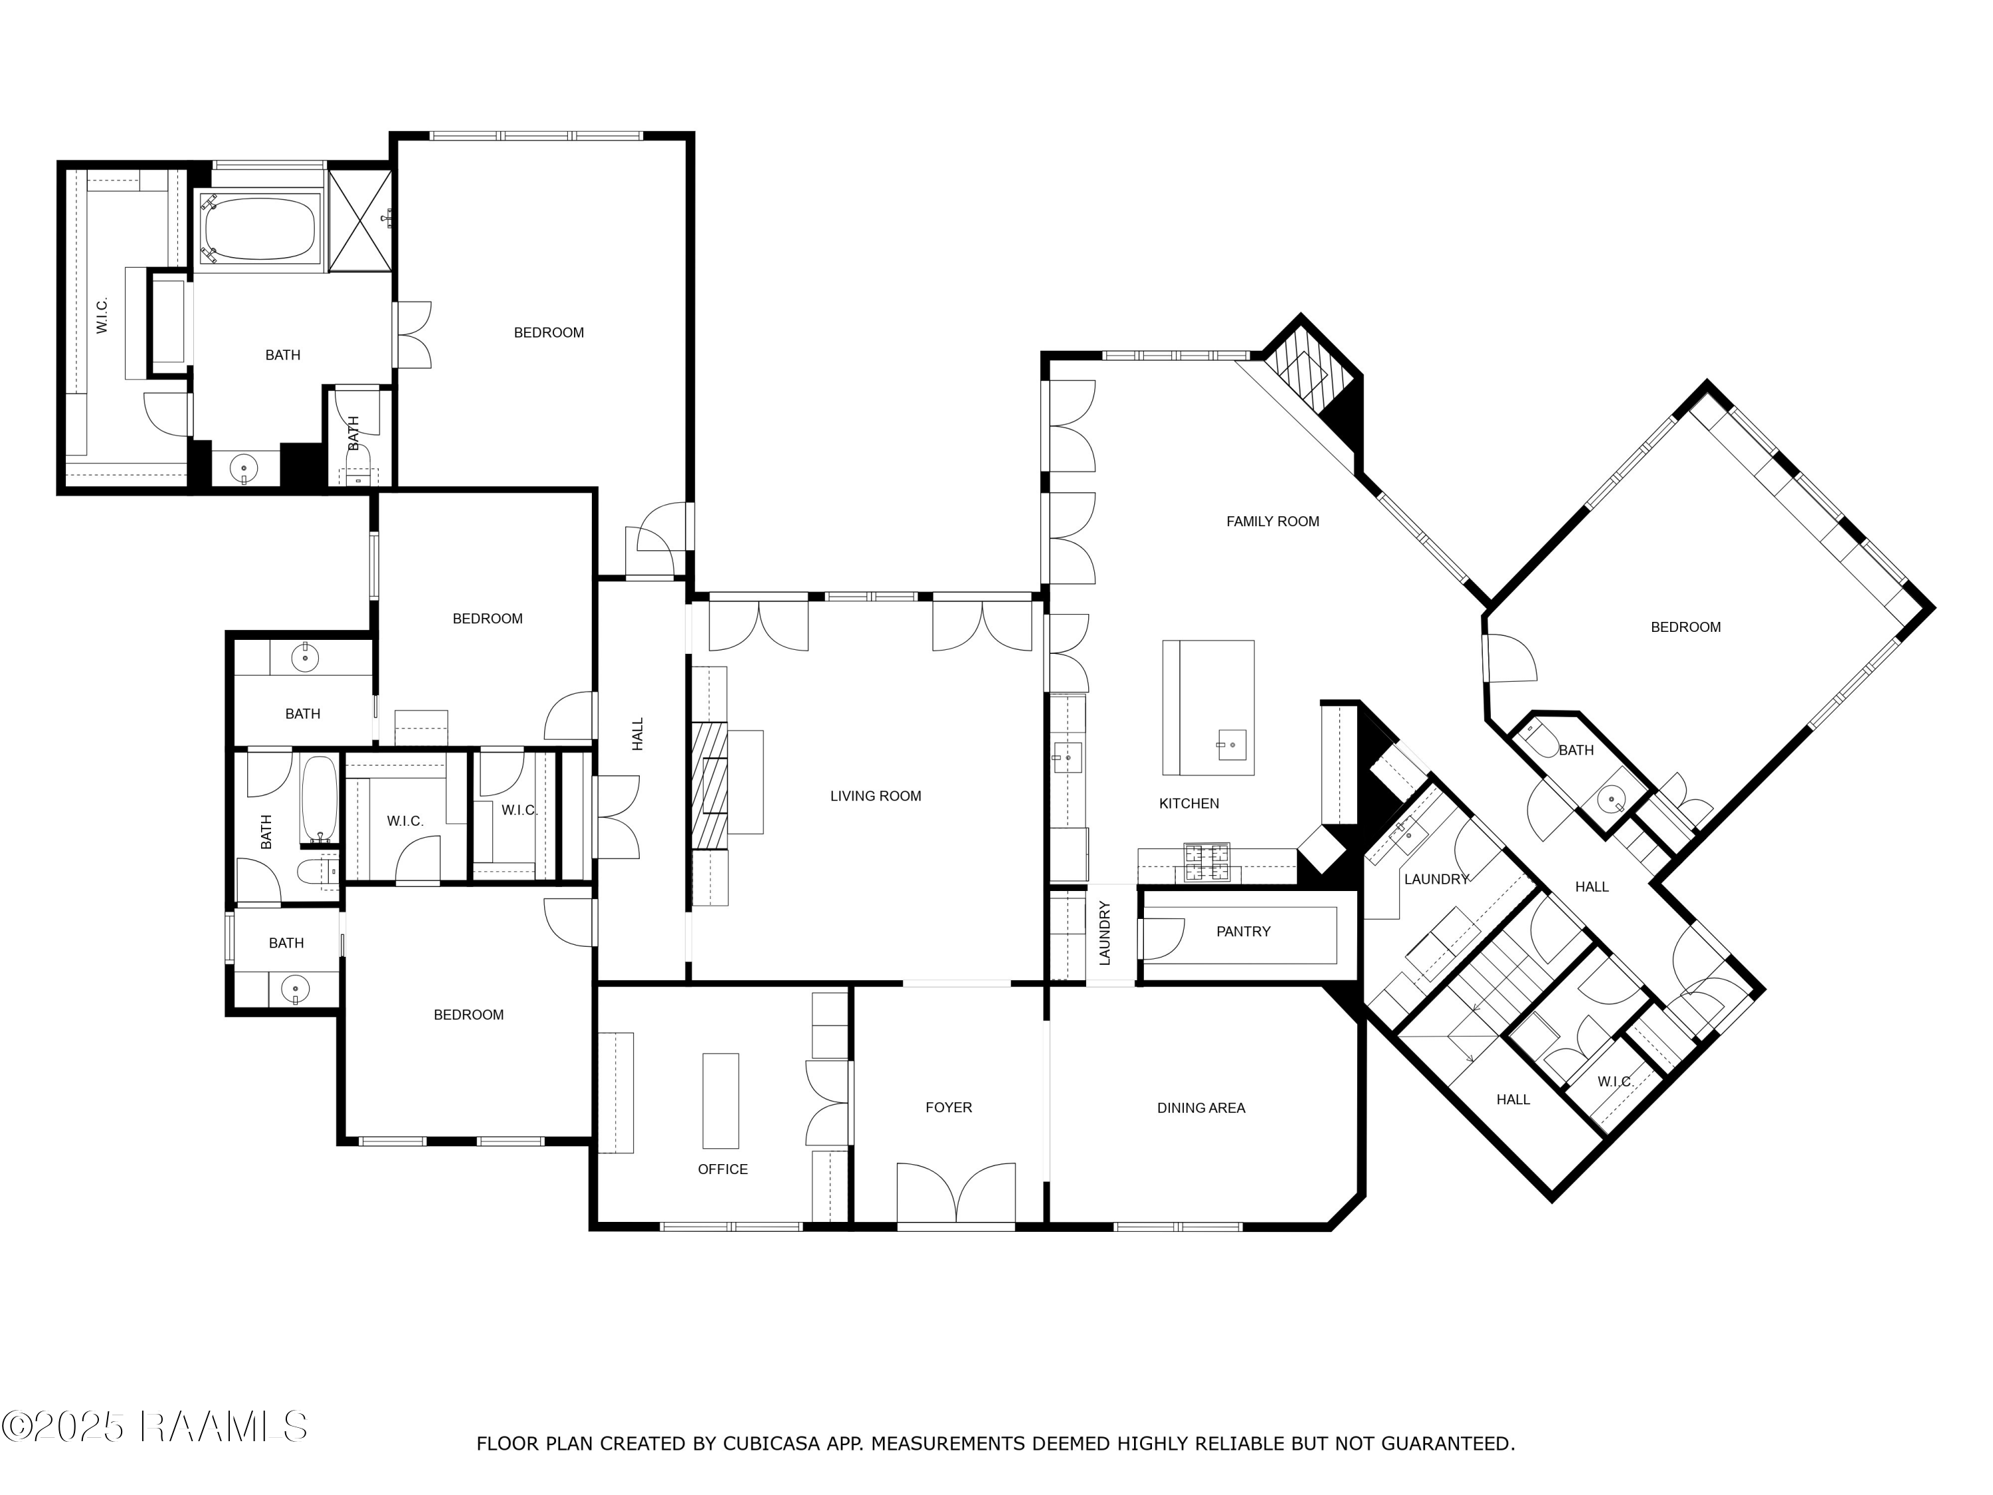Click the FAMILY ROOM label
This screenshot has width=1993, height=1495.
[x=1272, y=522]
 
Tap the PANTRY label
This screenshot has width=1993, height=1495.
[x=1244, y=932]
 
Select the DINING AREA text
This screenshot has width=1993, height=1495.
[x=1201, y=1108]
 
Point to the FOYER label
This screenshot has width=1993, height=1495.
[x=949, y=1108]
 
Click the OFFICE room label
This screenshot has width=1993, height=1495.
[x=723, y=1169]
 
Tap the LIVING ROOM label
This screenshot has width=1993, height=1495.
[x=876, y=797]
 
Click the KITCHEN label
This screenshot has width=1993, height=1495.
[x=1188, y=804]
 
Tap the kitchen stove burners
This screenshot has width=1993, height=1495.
[x=1206, y=862]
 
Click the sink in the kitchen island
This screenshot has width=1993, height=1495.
[x=1231, y=746]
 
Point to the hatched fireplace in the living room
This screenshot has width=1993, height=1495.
[x=709, y=785]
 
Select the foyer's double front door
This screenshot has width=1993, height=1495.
[x=956, y=1194]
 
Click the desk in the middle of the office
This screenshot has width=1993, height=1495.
[x=720, y=1100]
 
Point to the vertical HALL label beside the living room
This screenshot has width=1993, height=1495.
[x=638, y=734]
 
